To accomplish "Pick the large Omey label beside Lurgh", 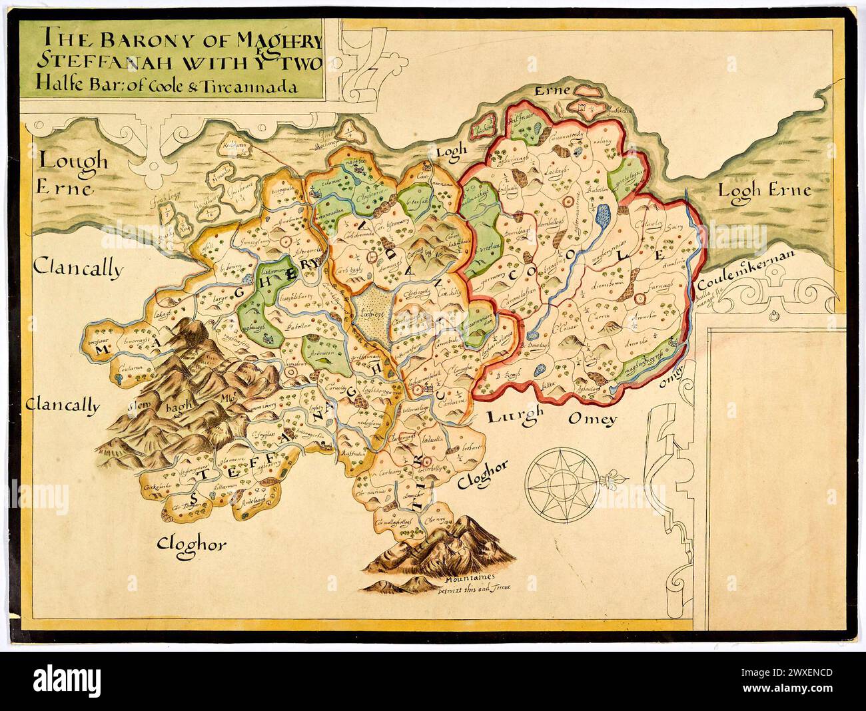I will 594,419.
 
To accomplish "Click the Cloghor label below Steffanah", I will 191,545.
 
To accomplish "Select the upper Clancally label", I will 78,269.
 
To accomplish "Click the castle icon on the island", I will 584,107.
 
